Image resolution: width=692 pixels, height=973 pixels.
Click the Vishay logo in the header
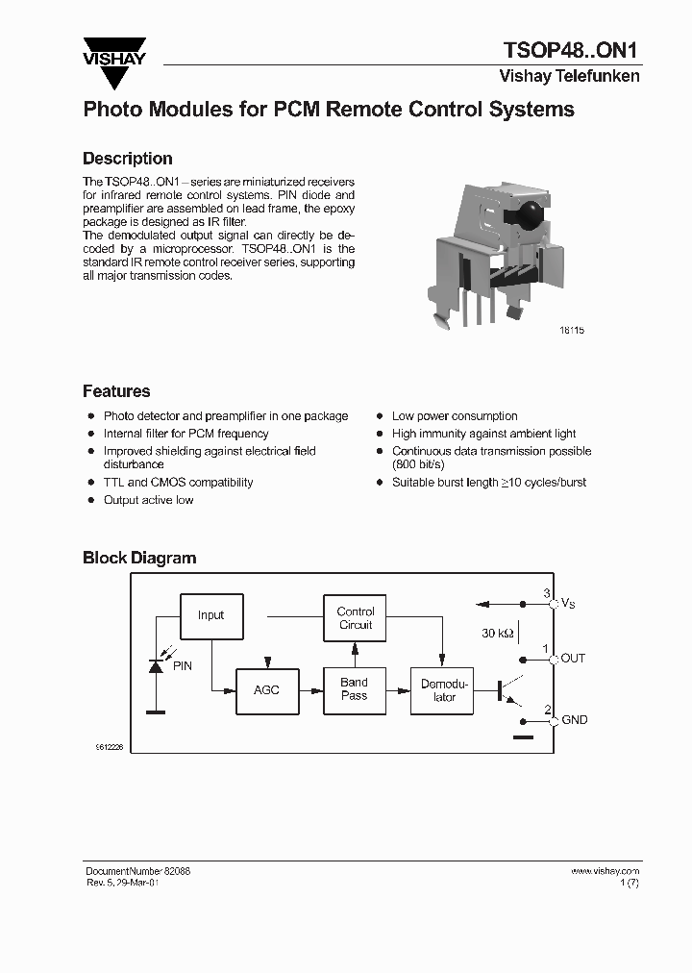[113, 52]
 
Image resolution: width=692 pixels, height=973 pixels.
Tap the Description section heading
[127, 159]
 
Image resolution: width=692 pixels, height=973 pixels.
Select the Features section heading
[116, 391]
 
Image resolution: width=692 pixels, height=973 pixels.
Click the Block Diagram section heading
[139, 558]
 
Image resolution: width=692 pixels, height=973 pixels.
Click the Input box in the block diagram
[210, 615]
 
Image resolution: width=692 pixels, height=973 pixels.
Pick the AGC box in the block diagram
[266, 690]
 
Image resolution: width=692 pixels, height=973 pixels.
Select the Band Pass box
[354, 689]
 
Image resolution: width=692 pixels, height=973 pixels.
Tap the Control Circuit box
[356, 618]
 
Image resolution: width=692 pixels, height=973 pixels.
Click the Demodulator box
[444, 690]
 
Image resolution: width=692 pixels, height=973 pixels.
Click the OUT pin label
[573, 659]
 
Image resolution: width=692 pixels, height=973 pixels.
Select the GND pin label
[574, 720]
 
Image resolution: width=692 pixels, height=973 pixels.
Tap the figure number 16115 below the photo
[571, 330]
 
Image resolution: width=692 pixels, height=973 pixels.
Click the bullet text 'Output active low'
[148, 500]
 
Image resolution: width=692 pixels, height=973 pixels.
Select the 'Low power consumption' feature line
[455, 416]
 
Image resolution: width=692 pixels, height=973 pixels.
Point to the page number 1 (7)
[629, 883]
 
